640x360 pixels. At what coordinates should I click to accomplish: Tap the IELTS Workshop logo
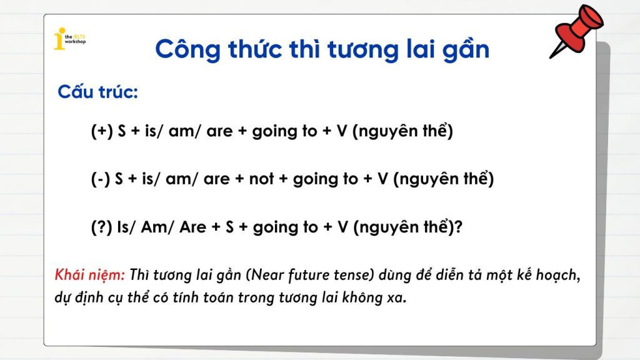(x=70, y=39)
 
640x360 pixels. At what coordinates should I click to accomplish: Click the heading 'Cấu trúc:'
(x=98, y=91)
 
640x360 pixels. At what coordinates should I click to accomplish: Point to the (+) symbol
(x=102, y=131)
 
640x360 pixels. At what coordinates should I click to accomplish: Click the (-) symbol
(x=101, y=179)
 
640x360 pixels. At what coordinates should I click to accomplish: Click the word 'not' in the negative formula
(x=262, y=179)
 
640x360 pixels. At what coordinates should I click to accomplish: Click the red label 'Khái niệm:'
(x=90, y=275)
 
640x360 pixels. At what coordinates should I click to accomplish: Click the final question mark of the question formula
(x=458, y=227)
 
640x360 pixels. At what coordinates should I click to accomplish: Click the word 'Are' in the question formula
(x=193, y=227)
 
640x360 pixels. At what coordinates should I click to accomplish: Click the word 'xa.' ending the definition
(x=397, y=297)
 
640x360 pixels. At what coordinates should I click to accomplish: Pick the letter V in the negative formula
(x=383, y=179)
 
